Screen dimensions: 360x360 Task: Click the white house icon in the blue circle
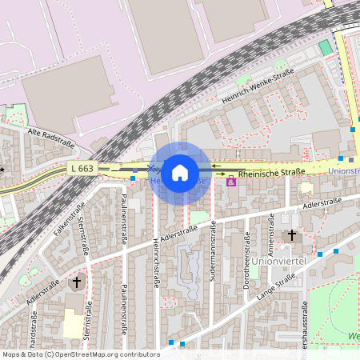tap(180, 171)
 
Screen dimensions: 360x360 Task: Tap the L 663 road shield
tap(82, 169)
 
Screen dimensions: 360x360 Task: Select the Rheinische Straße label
tap(272, 172)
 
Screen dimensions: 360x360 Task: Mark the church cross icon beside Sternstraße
tap(78, 282)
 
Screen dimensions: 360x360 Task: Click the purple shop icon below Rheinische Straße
tap(231, 182)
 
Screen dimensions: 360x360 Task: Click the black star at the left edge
tap(2, 170)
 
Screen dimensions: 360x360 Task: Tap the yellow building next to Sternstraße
tap(73, 323)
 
